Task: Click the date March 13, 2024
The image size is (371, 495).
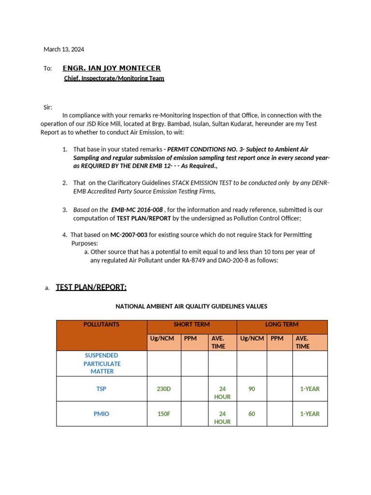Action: (x=64, y=49)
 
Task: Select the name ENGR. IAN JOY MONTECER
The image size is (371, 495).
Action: (x=112, y=68)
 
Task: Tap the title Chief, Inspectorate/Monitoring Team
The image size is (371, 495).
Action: (x=114, y=78)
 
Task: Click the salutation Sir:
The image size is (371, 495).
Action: (x=48, y=107)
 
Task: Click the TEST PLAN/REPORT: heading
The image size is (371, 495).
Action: (x=91, y=288)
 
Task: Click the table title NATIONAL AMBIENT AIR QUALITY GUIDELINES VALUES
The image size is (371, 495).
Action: (x=191, y=306)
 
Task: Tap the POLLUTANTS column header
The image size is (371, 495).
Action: (x=101, y=324)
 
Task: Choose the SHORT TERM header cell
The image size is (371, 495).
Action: (x=191, y=324)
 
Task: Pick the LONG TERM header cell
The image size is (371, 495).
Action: (x=282, y=324)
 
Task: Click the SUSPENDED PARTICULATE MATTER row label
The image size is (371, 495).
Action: (x=101, y=364)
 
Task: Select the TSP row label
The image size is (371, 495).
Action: (x=101, y=389)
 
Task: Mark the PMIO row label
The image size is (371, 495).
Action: (x=101, y=414)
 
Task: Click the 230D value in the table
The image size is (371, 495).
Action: (x=164, y=389)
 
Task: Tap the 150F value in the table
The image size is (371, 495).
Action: (x=164, y=414)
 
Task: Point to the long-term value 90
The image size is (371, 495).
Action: (x=252, y=389)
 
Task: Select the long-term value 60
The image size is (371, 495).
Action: (x=252, y=414)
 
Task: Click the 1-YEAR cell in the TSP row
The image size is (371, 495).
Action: (x=310, y=389)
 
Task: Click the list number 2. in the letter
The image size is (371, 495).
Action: (x=65, y=183)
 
